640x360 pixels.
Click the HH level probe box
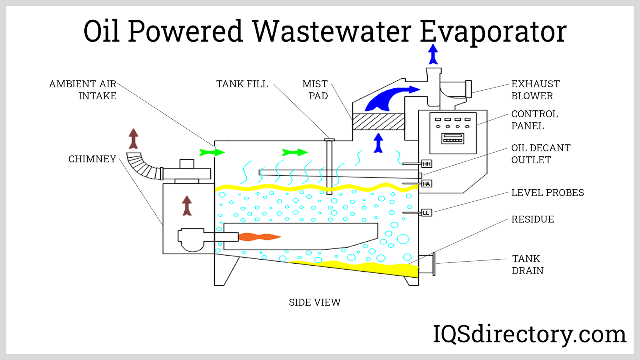[x=427, y=164]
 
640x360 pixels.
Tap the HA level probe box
[x=426, y=184]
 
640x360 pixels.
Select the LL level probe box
[x=426, y=212]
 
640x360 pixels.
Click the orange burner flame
[x=259, y=237]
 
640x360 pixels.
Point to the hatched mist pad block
[x=378, y=122]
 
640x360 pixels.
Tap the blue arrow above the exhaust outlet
[x=433, y=54]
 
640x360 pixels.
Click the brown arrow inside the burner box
[x=187, y=206]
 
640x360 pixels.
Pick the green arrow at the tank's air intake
[x=212, y=152]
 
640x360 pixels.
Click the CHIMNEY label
[x=92, y=159]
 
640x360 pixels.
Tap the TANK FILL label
[x=242, y=84]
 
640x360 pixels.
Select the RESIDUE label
[x=532, y=219]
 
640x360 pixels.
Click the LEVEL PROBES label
[x=547, y=193]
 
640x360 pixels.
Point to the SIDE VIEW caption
[x=314, y=302]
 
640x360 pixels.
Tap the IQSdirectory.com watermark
[x=529, y=334]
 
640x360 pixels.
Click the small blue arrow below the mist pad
[x=378, y=143]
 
